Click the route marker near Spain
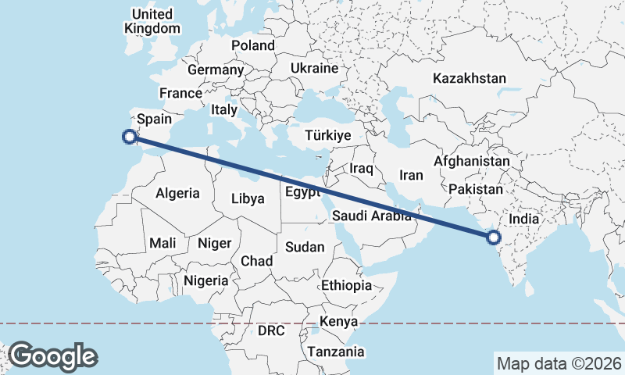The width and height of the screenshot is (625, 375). coord(129,137)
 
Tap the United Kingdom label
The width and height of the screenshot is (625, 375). coord(152,21)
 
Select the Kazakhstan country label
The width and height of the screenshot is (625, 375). coord(469,78)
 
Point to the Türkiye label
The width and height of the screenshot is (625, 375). coord(328,136)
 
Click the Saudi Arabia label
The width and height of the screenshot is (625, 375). coord(371,216)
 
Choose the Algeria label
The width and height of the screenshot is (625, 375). coord(177,193)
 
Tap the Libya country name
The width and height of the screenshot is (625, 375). coord(248,198)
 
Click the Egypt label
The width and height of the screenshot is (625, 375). coord(302,191)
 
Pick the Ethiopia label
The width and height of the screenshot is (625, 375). coord(346,285)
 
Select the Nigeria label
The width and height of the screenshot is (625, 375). coord(206,280)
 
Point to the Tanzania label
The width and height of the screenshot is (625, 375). coord(335,352)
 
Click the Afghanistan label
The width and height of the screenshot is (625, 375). coord(472,162)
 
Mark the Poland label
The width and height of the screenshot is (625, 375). coord(252,45)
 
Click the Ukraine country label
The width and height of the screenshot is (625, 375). coord(314,68)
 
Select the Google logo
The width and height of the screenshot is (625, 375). coord(53,355)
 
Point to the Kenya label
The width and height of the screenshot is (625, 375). coord(338,321)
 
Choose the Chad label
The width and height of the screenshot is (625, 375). coord(256,261)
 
